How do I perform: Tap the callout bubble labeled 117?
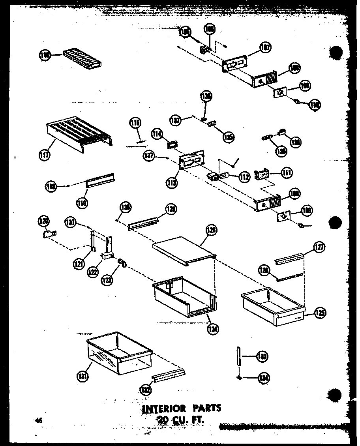pyautogui.click(x=44, y=155)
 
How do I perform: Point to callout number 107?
pyautogui.click(x=265, y=48)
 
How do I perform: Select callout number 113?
pyautogui.click(x=172, y=182)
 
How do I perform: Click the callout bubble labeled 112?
pyautogui.click(x=244, y=177)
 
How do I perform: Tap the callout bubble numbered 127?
pyautogui.click(x=319, y=247)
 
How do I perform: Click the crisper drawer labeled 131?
pyautogui.click(x=118, y=353)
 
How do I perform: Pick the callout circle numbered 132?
pyautogui.click(x=145, y=390)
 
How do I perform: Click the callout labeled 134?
pyautogui.click(x=264, y=378)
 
